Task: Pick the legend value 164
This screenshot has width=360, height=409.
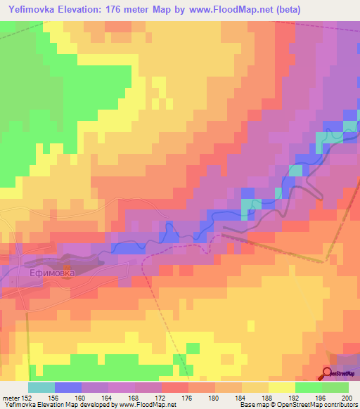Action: [108, 397]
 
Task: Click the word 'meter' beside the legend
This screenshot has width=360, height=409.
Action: [11, 397]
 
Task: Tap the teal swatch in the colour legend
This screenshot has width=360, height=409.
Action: [41, 387]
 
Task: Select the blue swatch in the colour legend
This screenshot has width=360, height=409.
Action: [68, 387]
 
